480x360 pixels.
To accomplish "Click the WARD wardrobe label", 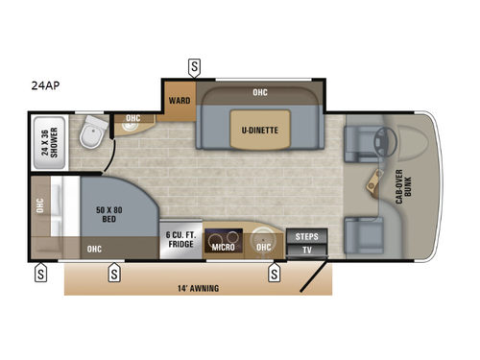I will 180,99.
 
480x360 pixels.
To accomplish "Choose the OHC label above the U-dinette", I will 260,93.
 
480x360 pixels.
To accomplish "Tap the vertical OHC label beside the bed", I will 40,206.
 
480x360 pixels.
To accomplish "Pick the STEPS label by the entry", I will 306,236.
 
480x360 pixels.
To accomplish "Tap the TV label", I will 306,250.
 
